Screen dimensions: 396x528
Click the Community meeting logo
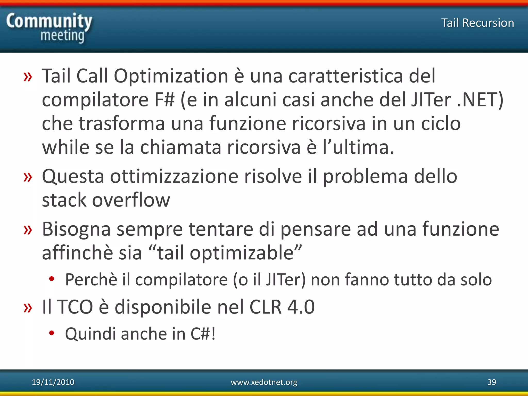[x=49, y=28]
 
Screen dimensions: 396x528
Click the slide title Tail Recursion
[x=477, y=23]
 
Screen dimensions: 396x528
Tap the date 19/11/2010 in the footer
[x=53, y=382]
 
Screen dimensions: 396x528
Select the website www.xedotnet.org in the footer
[x=264, y=382]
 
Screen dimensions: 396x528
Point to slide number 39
[x=492, y=382]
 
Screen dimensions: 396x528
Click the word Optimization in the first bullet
[x=171, y=76]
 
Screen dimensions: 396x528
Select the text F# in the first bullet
[x=164, y=100]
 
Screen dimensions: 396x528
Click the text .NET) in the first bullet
[x=480, y=100]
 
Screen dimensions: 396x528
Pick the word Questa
[x=73, y=177]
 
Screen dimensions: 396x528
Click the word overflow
[x=131, y=200]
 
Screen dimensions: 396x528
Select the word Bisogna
[x=76, y=229]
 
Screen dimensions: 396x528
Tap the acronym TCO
[x=75, y=307]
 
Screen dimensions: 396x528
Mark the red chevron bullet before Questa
[x=28, y=177]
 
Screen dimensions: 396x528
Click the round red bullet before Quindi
[x=52, y=333]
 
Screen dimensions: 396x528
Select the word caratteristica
[x=345, y=76]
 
